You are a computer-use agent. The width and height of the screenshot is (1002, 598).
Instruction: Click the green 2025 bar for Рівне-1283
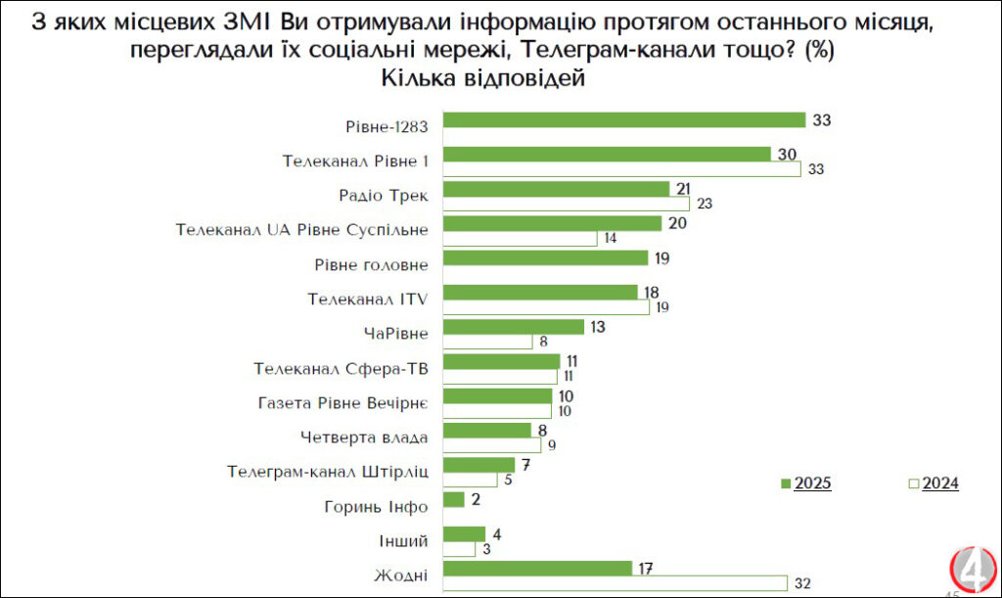pos(624,119)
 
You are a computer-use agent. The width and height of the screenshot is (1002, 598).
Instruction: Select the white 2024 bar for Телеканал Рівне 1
pos(622,169)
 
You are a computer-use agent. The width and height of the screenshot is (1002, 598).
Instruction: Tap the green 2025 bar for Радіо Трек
pos(557,189)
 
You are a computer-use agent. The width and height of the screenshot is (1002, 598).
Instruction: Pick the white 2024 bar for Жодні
pos(615,583)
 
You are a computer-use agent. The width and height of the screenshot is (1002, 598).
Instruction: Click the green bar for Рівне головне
pos(546,257)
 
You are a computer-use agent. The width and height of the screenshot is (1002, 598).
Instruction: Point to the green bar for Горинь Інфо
pos(454,500)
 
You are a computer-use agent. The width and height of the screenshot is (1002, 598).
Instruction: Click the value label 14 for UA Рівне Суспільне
pos(611,239)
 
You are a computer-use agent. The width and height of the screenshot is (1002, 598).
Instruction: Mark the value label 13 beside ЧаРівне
pos(597,327)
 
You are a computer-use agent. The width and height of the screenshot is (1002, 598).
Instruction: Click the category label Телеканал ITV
pos(368,299)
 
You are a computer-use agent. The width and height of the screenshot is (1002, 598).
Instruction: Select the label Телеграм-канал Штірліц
pos(328,472)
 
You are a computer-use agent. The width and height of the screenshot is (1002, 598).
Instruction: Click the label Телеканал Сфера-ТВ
pos(342,369)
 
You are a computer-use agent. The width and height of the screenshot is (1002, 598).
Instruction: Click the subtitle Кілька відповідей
pos(481,79)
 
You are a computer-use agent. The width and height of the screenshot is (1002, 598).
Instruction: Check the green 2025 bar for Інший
pos(465,534)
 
